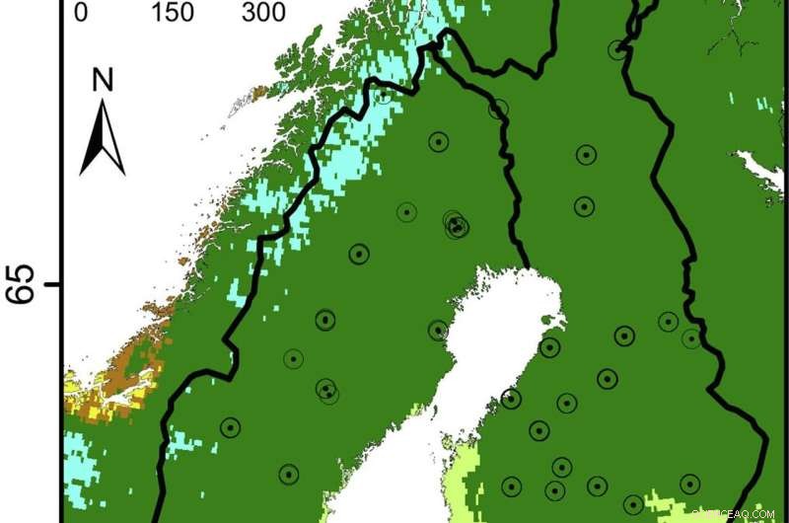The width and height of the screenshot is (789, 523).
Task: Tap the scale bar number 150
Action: pyautogui.click(x=172, y=12)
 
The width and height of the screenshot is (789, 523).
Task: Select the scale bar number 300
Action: pyautogui.click(x=264, y=12)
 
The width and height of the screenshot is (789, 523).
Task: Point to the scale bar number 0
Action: pyautogui.click(x=81, y=12)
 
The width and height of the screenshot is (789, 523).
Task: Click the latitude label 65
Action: pyautogui.click(x=24, y=285)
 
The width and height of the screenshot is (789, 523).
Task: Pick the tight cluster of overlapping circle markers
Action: pyautogui.click(x=456, y=225)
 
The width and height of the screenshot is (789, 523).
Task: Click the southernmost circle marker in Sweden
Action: pyautogui.click(x=288, y=475)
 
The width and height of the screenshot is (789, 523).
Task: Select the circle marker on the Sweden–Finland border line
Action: pyautogui.click(x=498, y=109)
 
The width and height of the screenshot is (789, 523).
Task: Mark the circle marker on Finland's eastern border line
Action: pyautogui.click(x=691, y=338)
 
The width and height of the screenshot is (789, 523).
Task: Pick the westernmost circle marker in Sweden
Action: pyautogui.click(x=230, y=427)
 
